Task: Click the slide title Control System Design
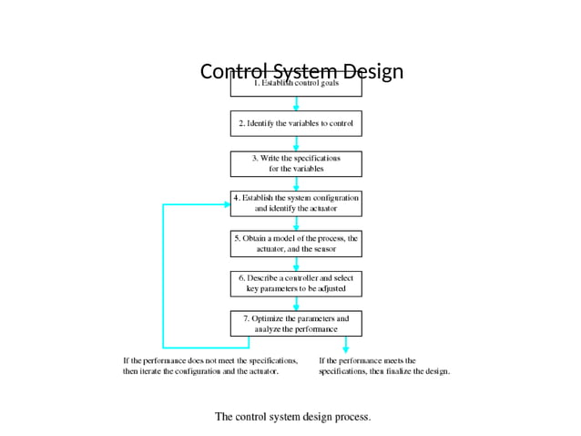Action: point(301,72)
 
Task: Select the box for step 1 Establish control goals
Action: point(296,88)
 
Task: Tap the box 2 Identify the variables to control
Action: point(296,123)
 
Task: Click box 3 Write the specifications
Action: point(296,163)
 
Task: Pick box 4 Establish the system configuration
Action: point(296,202)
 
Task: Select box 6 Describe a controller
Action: point(296,283)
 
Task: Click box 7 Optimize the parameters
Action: point(296,323)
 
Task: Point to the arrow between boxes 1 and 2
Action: point(296,104)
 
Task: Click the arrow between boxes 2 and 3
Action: point(296,143)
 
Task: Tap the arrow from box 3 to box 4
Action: point(296,183)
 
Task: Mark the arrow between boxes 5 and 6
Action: point(296,263)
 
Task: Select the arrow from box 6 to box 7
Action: point(296,303)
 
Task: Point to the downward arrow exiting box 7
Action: point(345,345)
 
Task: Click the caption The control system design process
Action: point(292,417)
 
